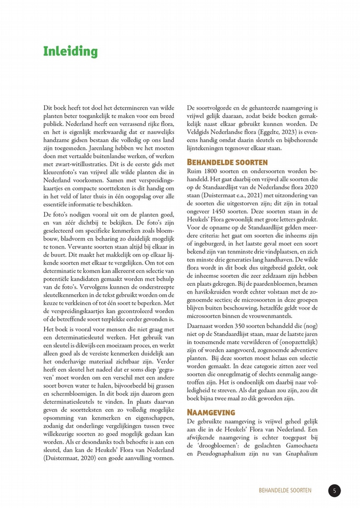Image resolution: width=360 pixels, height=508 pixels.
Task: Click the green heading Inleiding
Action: (70, 52)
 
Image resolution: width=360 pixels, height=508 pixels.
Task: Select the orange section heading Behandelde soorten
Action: (227, 162)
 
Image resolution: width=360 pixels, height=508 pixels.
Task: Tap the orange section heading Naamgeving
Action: (211, 412)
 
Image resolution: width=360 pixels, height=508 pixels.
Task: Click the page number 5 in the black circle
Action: (334, 491)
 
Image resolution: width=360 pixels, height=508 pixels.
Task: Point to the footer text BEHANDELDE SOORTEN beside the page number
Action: (285, 491)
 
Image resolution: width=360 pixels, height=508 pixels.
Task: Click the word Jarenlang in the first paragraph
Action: (113, 148)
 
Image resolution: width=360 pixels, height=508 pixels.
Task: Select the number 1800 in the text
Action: (213, 171)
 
